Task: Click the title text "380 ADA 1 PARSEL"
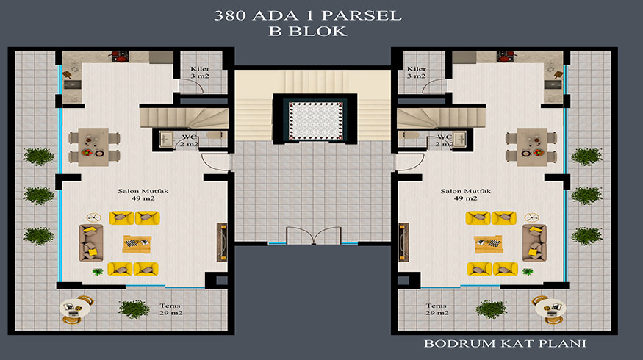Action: coord(308,15)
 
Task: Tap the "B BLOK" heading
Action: coord(308,31)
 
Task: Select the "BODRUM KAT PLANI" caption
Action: coord(506,343)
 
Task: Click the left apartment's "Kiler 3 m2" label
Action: coord(200,72)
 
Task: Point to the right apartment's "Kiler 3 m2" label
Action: coord(416,72)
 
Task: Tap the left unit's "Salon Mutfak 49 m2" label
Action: coord(143,195)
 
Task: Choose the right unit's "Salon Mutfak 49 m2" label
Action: coord(465,195)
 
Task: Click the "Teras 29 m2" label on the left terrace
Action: coord(170,309)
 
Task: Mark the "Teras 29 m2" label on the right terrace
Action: coord(437,309)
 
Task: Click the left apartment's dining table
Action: coord(93,147)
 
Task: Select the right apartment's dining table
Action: coord(532,147)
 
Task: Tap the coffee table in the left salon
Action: coord(137,244)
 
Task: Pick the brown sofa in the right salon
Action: coord(535,242)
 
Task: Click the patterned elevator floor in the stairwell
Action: coord(316,121)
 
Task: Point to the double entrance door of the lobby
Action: coord(314,235)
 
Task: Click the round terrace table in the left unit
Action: coord(75,309)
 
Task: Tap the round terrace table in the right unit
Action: coord(550,309)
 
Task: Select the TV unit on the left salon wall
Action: coord(222,242)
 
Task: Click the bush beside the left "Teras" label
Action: coord(134,309)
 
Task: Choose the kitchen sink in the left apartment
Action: coord(72,84)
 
